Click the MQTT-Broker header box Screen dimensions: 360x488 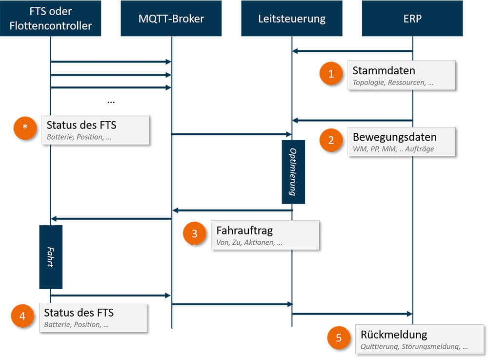171,19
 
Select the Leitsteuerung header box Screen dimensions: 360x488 292,19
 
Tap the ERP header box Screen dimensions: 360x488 412,19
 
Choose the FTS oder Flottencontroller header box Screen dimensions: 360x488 50,19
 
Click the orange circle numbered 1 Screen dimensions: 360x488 331,74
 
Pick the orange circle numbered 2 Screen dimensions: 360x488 331,141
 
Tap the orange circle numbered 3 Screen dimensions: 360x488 195,234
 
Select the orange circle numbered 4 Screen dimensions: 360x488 22,317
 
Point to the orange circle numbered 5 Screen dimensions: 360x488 339,338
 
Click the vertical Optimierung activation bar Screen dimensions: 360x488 293,172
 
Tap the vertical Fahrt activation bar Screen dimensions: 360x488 51,256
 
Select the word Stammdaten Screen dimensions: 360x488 384,71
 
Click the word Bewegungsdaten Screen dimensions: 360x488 394,137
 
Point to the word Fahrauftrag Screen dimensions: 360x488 244,230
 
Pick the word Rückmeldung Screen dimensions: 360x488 394,335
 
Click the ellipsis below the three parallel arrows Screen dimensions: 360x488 111,101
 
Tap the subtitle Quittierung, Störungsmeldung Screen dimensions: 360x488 414,347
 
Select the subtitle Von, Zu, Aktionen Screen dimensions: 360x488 249,242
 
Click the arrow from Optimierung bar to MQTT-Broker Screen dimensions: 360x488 232,210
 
